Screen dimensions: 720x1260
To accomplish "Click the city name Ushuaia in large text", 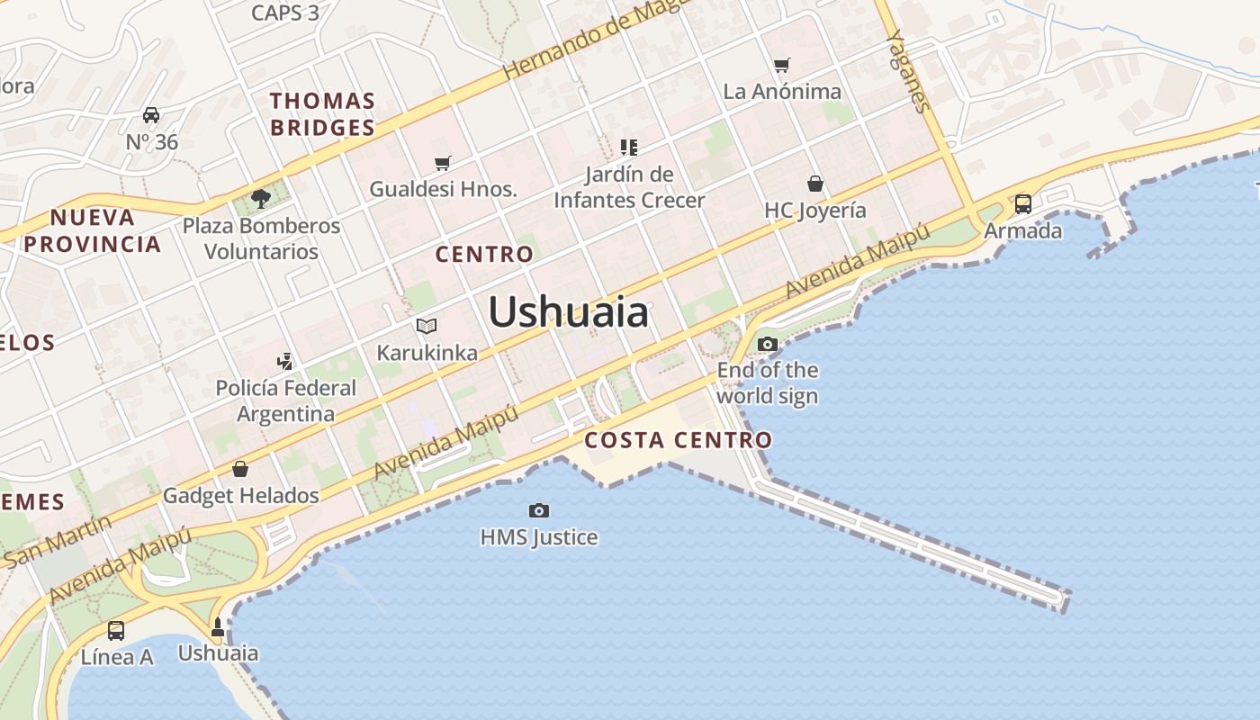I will (568, 312).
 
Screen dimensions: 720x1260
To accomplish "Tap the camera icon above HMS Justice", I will (539, 511).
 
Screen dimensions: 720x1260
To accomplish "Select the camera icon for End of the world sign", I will (768, 344).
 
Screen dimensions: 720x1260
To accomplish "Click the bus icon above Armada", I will (1023, 204).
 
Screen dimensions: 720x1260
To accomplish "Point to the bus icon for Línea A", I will (116, 631).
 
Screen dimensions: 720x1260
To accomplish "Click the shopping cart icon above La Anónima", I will (782, 65).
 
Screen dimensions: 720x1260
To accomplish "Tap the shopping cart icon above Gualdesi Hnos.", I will (442, 163).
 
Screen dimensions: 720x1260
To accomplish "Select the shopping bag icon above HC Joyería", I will (815, 184).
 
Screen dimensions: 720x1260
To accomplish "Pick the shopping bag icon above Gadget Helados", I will (240, 469).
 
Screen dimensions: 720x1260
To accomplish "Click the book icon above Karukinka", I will (427, 326).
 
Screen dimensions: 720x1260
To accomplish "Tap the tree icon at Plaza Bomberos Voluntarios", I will (261, 198).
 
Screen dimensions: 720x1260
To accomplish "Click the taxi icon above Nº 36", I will (151, 115).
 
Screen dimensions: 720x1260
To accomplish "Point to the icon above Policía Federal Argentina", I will (285, 362).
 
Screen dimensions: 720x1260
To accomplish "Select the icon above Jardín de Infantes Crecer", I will (629, 147).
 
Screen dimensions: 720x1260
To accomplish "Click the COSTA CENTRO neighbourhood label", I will (678, 440).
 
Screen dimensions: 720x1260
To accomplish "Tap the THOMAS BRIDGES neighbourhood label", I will (322, 114).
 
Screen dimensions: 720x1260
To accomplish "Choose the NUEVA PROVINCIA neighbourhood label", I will (93, 230).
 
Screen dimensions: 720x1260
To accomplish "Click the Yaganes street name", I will (908, 71).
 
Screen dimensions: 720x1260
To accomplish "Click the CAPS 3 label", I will (285, 13).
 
